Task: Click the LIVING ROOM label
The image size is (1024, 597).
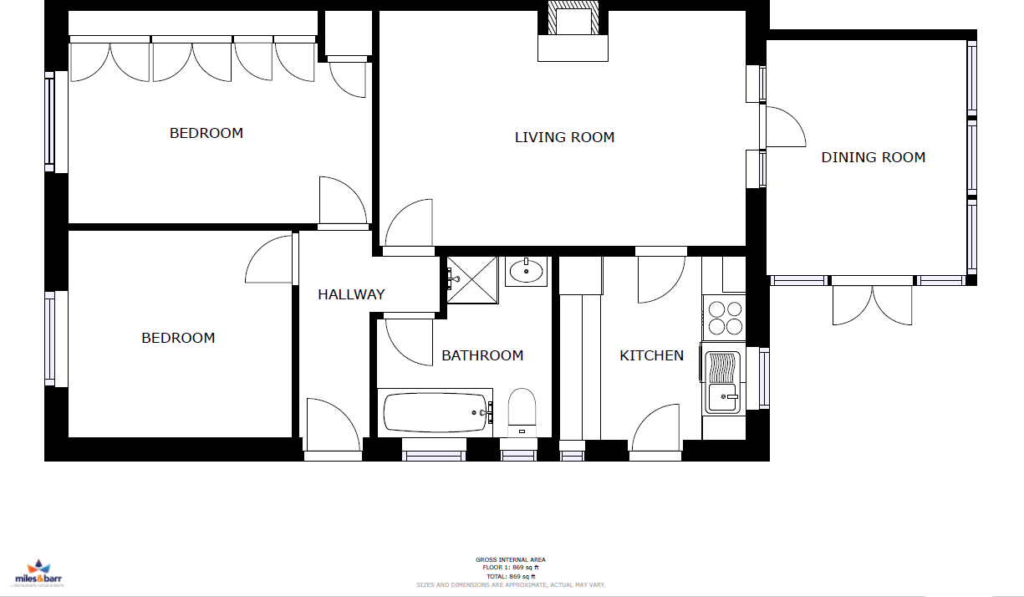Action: click(x=564, y=137)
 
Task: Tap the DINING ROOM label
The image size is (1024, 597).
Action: click(x=873, y=157)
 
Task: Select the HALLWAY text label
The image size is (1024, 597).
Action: click(x=351, y=294)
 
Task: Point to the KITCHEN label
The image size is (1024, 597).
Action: click(x=651, y=355)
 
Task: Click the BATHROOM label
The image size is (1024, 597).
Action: click(x=482, y=355)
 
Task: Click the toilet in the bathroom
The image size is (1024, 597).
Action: click(x=522, y=411)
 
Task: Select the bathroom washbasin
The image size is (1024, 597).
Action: click(x=526, y=271)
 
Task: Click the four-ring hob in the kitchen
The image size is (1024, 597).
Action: click(x=725, y=317)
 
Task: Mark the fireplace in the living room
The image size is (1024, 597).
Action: click(x=572, y=32)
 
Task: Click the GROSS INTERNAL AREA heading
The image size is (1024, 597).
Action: click(x=510, y=560)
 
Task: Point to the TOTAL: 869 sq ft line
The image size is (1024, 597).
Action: click(x=510, y=576)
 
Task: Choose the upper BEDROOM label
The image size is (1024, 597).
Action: click(x=206, y=133)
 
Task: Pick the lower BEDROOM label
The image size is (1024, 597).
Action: click(x=178, y=338)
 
